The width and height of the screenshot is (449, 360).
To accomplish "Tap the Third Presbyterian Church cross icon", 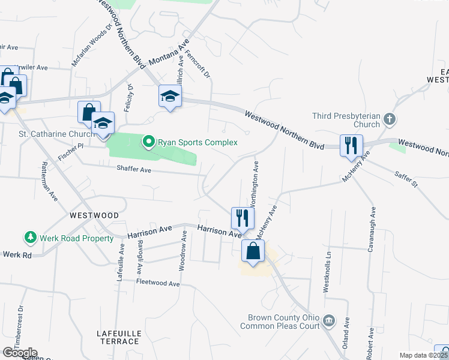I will (390, 119).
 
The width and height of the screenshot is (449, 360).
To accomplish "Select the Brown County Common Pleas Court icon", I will (328, 320).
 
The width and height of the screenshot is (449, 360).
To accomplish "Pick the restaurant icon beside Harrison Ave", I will (242, 217).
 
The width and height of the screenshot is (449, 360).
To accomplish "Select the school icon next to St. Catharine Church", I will (103, 124).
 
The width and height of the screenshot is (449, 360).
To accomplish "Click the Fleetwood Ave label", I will (158, 283).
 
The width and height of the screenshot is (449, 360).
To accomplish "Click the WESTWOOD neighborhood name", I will (94, 215).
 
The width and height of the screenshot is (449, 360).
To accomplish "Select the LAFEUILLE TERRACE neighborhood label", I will (118, 337).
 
